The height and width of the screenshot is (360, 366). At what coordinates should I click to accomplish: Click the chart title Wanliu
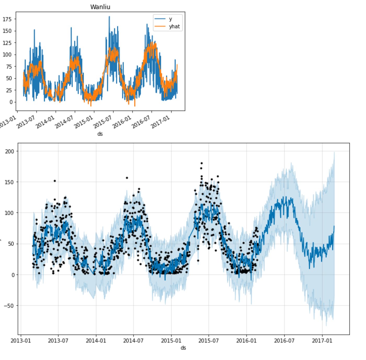click(100, 7)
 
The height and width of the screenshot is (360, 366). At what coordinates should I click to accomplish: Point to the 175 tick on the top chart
click(7, 19)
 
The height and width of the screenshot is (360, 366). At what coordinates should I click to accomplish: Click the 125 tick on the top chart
click(7, 43)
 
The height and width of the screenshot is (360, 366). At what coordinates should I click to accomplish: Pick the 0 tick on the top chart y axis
click(11, 102)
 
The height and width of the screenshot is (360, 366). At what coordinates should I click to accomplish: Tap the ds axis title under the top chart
click(100, 134)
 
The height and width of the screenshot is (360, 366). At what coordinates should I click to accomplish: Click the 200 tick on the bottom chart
click(9, 151)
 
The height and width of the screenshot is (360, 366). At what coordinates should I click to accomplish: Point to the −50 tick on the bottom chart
click(9, 306)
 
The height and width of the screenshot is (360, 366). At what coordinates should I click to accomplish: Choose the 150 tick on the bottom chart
click(9, 182)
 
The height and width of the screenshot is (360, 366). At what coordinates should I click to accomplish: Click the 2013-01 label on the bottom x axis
click(21, 341)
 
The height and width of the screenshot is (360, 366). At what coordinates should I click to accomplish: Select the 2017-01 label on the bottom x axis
click(322, 341)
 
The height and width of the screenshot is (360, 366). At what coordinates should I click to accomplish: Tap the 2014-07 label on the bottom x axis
click(133, 341)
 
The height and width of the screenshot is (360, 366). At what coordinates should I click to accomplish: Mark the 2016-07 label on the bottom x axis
click(284, 341)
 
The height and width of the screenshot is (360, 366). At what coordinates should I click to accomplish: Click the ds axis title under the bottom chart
click(183, 348)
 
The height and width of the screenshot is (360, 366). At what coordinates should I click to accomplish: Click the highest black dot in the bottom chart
click(202, 163)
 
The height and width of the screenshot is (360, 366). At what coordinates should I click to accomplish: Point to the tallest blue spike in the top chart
click(109, 17)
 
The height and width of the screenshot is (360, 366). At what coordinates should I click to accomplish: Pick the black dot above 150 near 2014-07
click(127, 178)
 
